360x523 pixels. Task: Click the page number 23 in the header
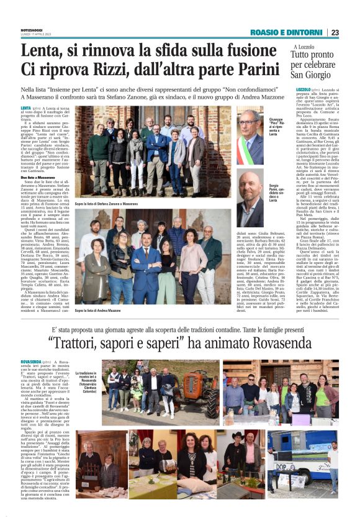pyautogui.click(x=335, y=32)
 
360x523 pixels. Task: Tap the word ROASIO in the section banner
pyautogui.click(x=265, y=32)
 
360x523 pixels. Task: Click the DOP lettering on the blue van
pyautogui.click(x=281, y=465)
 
